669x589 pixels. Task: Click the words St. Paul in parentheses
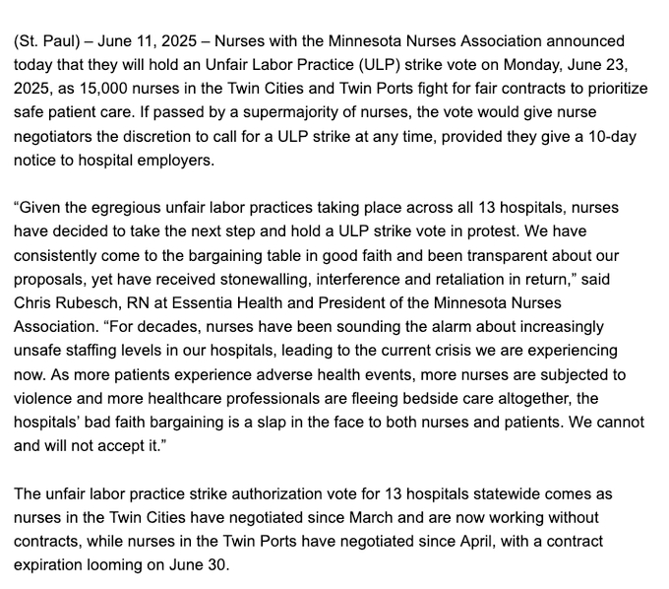click(x=49, y=42)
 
